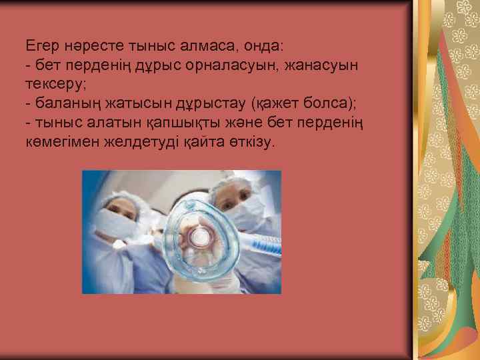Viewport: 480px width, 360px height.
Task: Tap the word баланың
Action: pos(66,105)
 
